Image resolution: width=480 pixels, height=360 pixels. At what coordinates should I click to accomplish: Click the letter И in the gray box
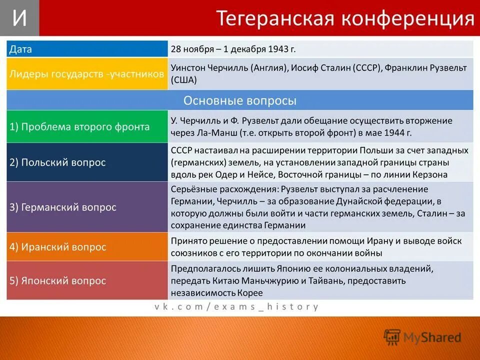19,18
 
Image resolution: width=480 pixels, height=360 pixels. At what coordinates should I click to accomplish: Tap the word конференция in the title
407,18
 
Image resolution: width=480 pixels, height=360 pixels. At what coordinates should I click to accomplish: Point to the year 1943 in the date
278,49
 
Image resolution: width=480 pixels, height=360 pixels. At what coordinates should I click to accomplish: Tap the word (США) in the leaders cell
184,80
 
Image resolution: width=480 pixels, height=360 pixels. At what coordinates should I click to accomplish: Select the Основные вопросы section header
240,100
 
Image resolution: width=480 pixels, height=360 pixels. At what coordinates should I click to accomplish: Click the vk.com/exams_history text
236,306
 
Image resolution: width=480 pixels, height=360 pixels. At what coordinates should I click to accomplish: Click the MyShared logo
422,337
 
